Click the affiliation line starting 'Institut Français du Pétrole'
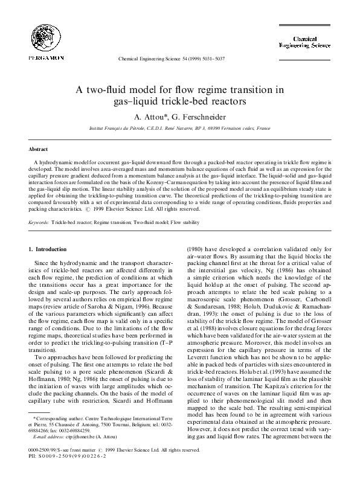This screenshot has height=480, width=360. (x=179, y=129)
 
